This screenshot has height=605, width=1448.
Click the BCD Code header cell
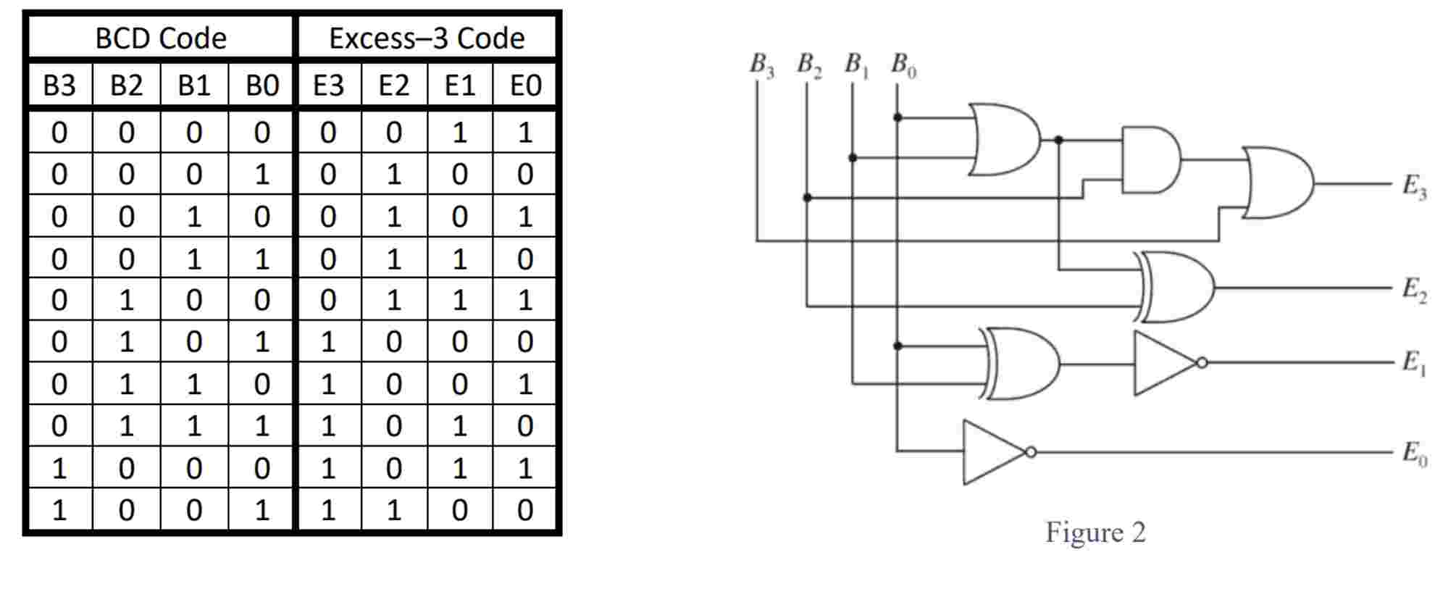161,38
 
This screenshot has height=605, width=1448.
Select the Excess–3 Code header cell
427,38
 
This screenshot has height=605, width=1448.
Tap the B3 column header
59,85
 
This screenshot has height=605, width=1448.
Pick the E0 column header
525,85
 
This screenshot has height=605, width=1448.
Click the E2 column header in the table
393,85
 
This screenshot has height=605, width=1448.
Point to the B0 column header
261,85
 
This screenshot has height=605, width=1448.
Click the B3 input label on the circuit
761,65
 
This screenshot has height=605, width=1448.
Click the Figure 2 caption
1095,533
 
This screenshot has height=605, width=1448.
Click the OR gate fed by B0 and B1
1003,139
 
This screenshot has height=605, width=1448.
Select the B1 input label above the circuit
856,65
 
